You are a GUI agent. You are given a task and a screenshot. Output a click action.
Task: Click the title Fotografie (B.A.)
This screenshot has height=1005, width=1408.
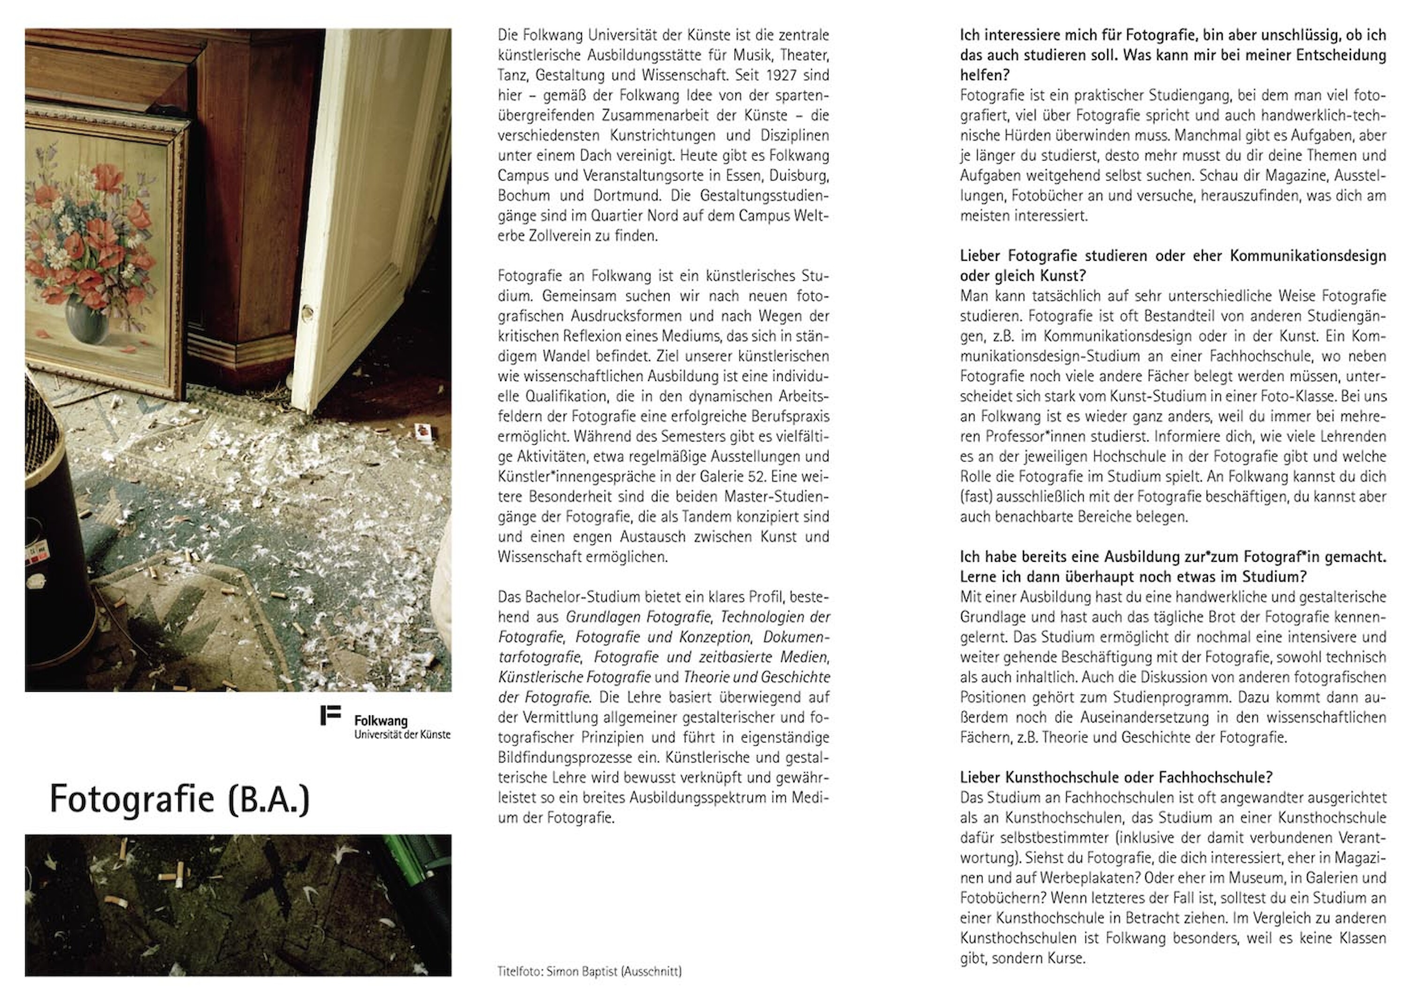point(180,800)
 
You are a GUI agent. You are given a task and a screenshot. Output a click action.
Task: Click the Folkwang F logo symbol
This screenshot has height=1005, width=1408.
point(330,715)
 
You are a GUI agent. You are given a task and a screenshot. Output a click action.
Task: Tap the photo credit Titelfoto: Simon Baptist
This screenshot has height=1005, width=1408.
point(589,971)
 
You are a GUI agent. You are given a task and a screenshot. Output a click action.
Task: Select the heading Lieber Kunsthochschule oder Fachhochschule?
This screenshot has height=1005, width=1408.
point(1116,777)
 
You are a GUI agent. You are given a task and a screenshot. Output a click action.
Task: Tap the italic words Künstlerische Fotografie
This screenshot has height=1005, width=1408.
point(574,677)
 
